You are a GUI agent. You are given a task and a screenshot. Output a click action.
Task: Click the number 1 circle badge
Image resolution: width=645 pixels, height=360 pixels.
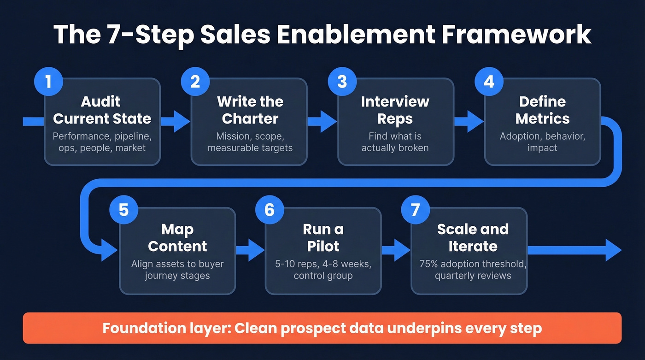48,82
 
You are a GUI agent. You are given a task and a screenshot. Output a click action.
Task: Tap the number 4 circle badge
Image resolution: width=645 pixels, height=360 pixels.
488,82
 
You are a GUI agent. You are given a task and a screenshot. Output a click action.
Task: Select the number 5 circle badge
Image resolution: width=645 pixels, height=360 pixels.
123,210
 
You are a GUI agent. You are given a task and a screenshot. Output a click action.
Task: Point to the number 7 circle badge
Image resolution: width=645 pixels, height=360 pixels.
415,210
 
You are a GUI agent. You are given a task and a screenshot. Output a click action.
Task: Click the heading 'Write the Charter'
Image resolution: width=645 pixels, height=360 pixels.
250,110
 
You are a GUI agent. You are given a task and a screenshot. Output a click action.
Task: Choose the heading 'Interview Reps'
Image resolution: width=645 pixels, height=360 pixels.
395,110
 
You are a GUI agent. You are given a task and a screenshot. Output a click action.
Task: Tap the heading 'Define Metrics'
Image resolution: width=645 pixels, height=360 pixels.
542,110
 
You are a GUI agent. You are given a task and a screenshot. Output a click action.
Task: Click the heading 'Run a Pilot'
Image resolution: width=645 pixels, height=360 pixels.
323,237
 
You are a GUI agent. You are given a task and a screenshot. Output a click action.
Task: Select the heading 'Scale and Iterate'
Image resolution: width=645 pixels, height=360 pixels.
473,237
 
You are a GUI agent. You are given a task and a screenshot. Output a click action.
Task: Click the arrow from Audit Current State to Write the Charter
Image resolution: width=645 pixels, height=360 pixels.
175,122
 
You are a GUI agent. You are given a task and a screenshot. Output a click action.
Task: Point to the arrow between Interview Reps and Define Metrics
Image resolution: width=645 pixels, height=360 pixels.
469,122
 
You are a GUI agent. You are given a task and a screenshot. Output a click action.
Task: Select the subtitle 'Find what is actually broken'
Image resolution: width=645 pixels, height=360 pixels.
395,142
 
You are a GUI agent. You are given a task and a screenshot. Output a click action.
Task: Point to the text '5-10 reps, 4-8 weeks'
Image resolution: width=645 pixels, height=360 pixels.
323,265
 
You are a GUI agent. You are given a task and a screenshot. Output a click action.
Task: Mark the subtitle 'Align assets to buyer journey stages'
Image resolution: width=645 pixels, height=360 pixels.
177,270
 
